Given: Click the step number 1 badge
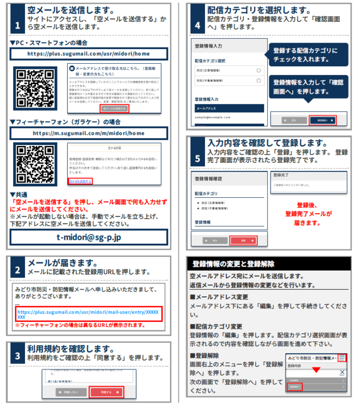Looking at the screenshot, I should point(17,25).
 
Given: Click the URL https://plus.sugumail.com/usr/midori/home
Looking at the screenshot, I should point(90,54).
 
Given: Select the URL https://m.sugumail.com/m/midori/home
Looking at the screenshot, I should point(90,133).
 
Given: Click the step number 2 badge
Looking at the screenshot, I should point(18,270).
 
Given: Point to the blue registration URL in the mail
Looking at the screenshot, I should point(89,314).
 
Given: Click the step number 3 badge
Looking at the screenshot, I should point(18,356).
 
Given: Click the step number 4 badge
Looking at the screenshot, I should point(197,25).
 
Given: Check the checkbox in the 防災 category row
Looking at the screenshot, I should point(258,70).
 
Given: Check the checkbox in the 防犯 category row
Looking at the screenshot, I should point(258,81).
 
